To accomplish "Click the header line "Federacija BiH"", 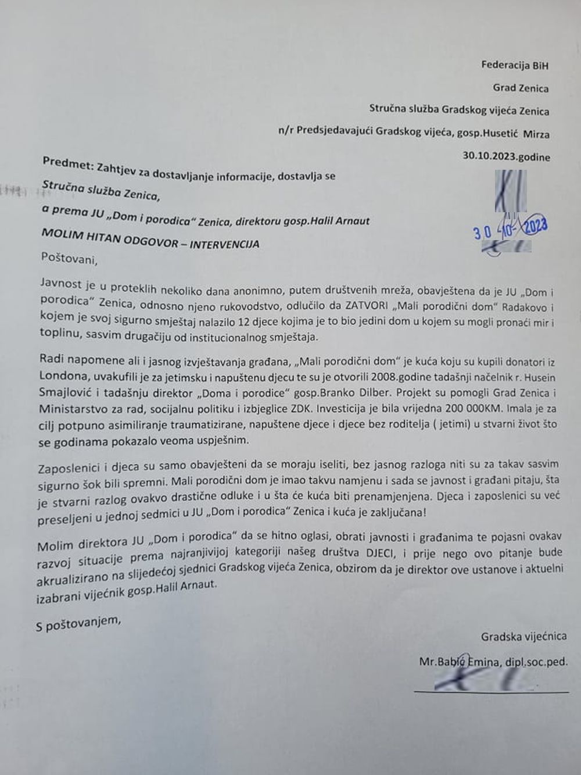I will point(514,65).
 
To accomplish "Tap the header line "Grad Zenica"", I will point(521,88).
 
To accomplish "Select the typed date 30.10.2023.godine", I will point(506,156).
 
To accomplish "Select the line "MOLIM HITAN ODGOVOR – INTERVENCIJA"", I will point(150,238).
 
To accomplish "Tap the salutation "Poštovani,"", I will point(69,259).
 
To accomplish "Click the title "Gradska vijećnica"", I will point(523,636).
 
